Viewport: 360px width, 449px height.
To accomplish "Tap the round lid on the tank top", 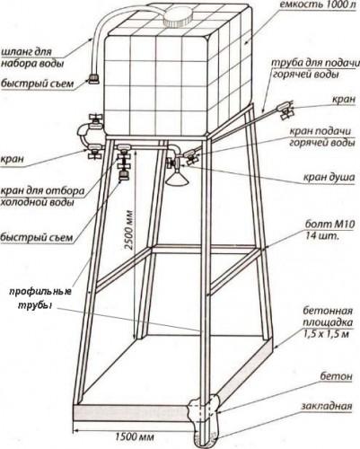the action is click(x=178, y=17).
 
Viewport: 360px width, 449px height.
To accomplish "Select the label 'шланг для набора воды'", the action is click(x=32, y=57).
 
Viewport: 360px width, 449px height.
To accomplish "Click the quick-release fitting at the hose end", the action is click(x=93, y=79).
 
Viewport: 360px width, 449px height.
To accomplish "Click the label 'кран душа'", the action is click(x=329, y=177).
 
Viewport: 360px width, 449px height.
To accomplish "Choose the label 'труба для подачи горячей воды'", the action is click(x=314, y=68).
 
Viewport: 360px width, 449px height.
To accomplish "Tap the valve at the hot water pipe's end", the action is click(x=285, y=110).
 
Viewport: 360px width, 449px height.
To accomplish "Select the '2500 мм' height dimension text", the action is click(x=129, y=229).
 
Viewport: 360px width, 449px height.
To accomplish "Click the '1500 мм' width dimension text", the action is click(x=135, y=436).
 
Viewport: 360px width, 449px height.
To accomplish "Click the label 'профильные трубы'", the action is click(x=40, y=298).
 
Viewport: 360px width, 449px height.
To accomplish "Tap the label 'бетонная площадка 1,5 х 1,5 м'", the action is click(x=328, y=322).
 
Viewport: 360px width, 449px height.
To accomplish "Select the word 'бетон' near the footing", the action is click(x=336, y=376).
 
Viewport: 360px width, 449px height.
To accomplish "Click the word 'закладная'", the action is click(x=326, y=406).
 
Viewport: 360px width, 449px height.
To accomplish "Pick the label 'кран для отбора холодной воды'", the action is click(x=42, y=197).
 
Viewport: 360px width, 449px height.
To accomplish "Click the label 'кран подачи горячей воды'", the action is click(x=320, y=136).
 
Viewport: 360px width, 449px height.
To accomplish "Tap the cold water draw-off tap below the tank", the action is click(x=123, y=162).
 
